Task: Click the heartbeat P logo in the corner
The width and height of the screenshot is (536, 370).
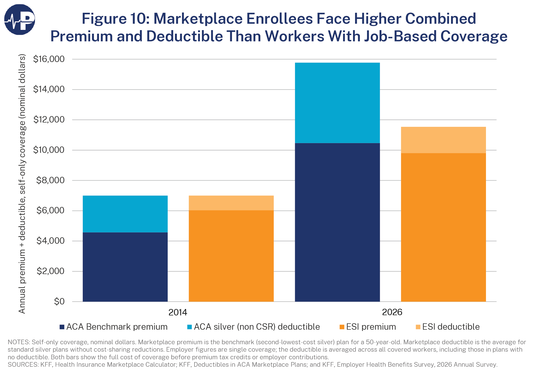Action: tap(20, 20)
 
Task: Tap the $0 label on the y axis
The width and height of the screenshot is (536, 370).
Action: tap(59, 302)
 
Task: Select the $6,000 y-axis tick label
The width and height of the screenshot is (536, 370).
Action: tap(51, 211)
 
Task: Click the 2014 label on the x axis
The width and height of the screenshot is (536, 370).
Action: tap(178, 312)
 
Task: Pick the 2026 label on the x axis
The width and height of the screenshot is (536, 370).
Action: tap(392, 312)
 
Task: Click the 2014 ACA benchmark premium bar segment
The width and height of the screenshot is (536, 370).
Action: tap(125, 267)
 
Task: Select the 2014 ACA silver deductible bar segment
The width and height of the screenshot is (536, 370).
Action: tap(125, 214)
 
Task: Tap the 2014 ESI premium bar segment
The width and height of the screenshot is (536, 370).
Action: tap(231, 256)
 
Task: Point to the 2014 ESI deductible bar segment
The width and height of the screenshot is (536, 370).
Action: tap(231, 203)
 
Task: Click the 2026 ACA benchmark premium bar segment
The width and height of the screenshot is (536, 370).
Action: tap(337, 222)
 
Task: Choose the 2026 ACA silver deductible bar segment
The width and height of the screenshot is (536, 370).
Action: tap(337, 103)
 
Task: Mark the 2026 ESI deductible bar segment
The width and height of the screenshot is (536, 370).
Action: tap(444, 140)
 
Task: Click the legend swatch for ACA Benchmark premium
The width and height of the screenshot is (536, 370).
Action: tap(62, 327)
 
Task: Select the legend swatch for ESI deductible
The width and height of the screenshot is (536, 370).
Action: tap(418, 327)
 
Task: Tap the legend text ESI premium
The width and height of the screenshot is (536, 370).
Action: tap(371, 327)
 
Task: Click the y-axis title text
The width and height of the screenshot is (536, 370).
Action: tap(22, 184)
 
